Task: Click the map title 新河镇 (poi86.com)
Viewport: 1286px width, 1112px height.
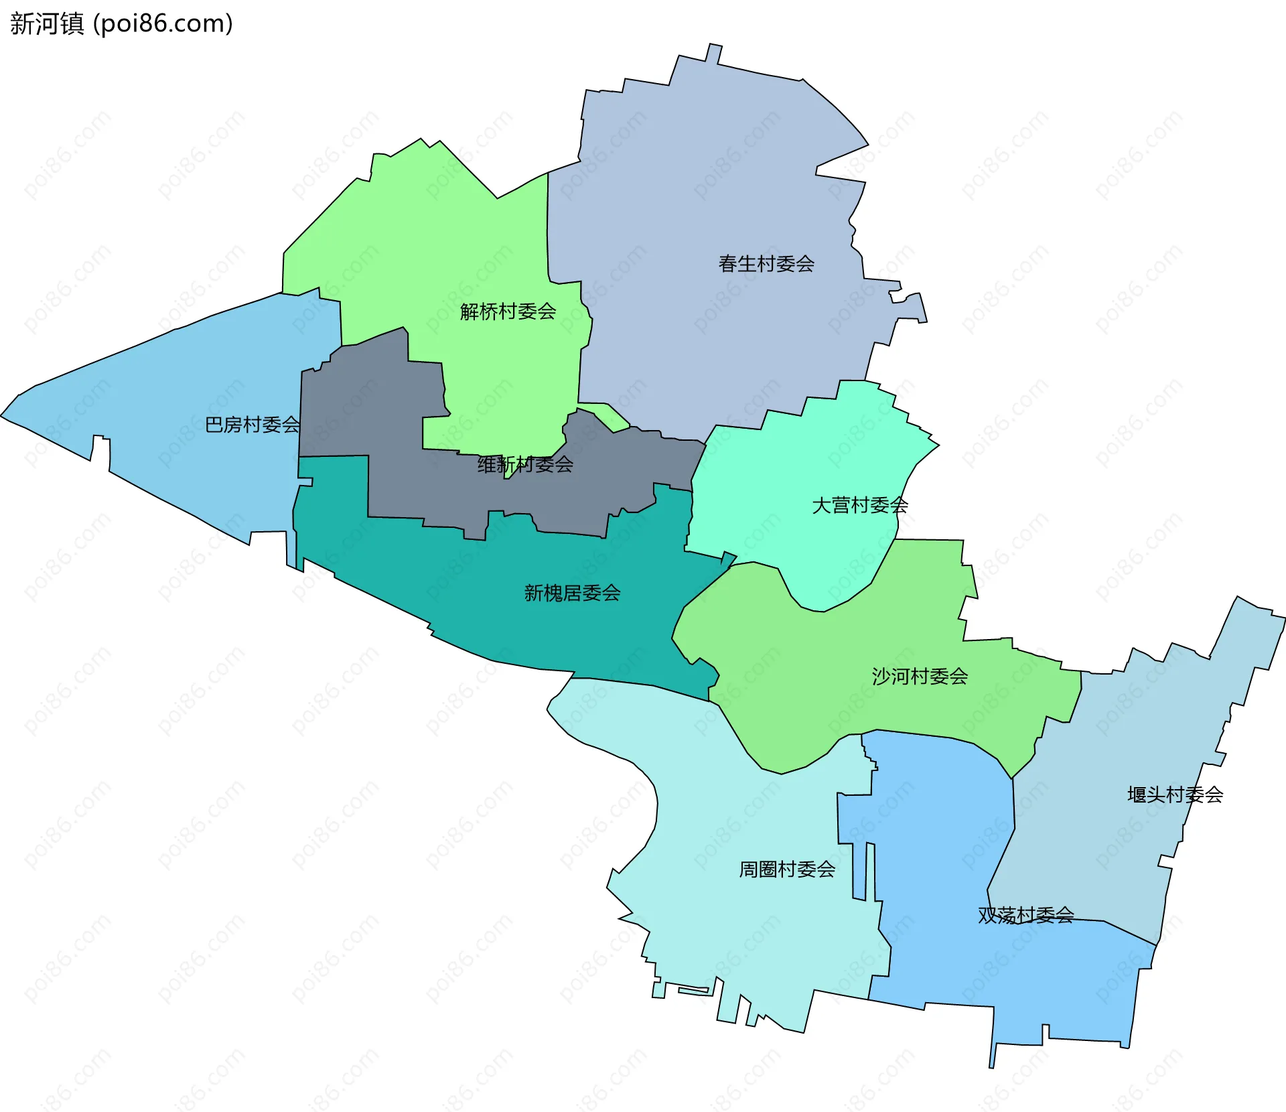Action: click(x=121, y=23)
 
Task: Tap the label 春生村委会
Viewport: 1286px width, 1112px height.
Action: click(x=766, y=264)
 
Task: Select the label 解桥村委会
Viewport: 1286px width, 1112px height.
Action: click(x=508, y=311)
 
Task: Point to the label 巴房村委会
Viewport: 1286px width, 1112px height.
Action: click(x=253, y=425)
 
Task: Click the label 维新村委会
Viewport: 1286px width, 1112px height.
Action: click(x=525, y=464)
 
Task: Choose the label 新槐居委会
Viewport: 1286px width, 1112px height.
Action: click(x=572, y=593)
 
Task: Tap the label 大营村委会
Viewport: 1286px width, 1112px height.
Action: click(x=860, y=505)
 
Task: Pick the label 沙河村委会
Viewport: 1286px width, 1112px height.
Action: click(x=920, y=677)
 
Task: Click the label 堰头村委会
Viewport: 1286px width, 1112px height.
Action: click(x=1175, y=795)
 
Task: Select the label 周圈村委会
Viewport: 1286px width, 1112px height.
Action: click(x=787, y=870)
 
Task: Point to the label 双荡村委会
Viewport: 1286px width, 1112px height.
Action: click(x=1025, y=915)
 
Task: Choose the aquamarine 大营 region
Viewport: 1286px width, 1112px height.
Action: click(x=804, y=456)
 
